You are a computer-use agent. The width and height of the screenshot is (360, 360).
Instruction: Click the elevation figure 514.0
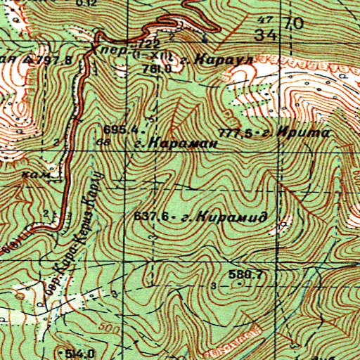[82, 352]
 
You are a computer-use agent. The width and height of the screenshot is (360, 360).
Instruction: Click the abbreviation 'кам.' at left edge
[33, 174]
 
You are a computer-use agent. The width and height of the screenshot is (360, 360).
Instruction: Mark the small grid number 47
[266, 19]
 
